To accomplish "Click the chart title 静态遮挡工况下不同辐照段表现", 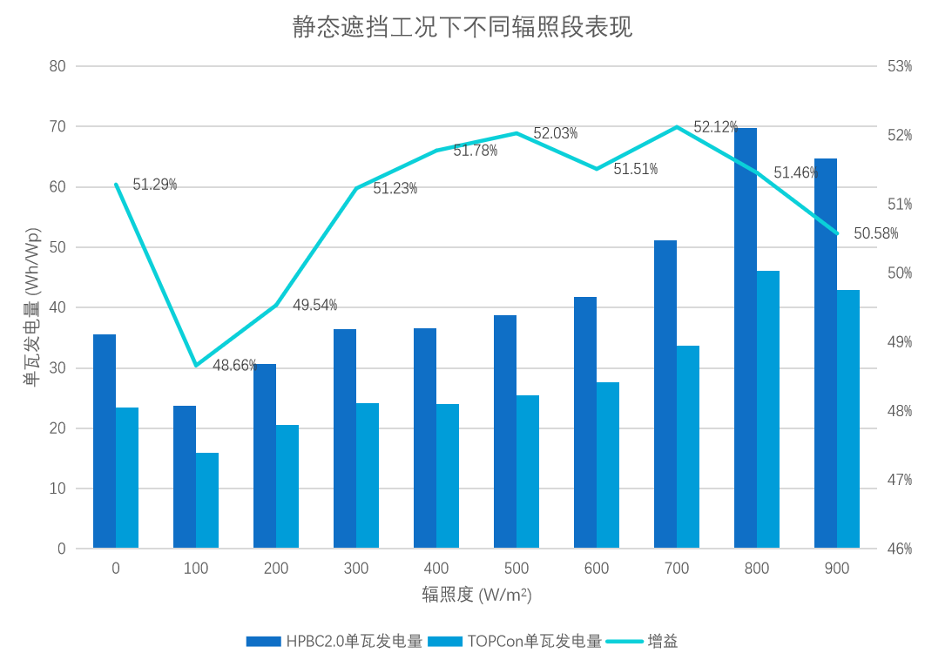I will pyautogui.click(x=462, y=28).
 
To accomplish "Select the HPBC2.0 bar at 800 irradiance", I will pyautogui.click(x=746, y=340).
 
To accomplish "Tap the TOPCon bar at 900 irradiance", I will pyautogui.click(x=848, y=420).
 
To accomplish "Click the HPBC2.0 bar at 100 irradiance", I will pyautogui.click(x=185, y=477).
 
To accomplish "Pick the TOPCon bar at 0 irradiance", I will pyautogui.click(x=127, y=478).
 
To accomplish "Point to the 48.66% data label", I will pyautogui.click(x=234, y=366).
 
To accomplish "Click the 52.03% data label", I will pyautogui.click(x=556, y=133).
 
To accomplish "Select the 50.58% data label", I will pyautogui.click(x=876, y=233).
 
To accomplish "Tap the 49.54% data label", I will pyautogui.click(x=315, y=305).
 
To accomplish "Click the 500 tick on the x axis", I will pyautogui.click(x=517, y=569).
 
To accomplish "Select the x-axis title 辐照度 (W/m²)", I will pyautogui.click(x=477, y=595).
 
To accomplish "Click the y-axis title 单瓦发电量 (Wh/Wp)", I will pyautogui.click(x=32, y=307).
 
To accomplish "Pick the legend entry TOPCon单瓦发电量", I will pyautogui.click(x=534, y=642).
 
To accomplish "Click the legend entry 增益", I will pyautogui.click(x=662, y=642).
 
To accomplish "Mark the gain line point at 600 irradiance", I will pyautogui.click(x=597, y=169).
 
